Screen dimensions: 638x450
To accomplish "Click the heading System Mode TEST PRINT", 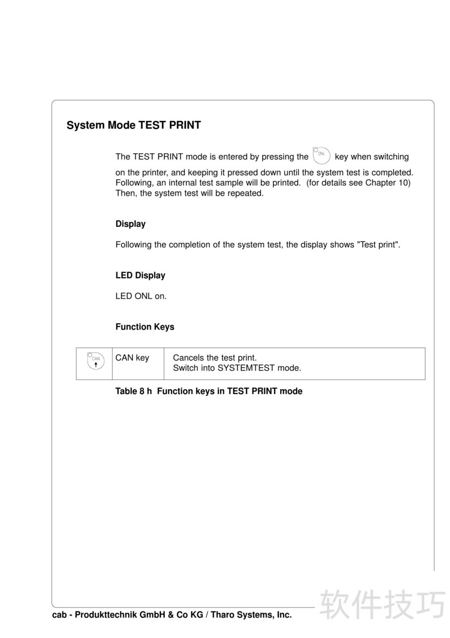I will (133, 125).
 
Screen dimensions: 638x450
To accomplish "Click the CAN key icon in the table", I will (95, 361).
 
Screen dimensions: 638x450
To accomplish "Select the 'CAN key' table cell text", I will (132, 358).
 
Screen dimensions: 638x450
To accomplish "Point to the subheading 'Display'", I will (130, 224).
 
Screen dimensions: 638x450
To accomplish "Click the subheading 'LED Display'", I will (140, 275).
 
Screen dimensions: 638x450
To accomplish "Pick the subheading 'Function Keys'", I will (145, 327).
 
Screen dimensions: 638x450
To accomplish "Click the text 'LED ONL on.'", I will (141, 296).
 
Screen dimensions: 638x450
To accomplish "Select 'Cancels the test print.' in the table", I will (214, 358).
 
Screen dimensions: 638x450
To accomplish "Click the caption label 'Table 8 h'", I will (134, 391).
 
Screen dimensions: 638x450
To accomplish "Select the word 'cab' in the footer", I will (60, 615).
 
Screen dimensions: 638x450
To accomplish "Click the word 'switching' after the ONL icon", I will (390, 157).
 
